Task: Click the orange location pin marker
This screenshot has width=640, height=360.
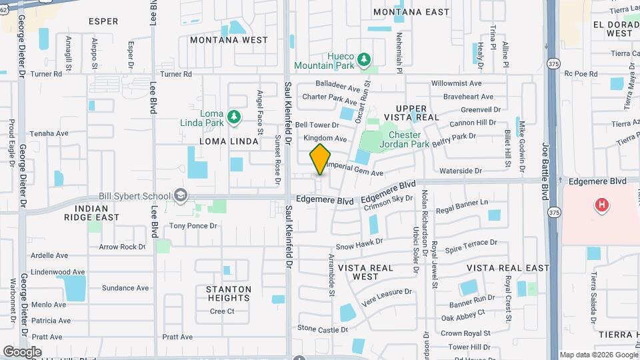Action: click(321, 159)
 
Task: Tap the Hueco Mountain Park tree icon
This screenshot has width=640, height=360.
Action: click(364, 61)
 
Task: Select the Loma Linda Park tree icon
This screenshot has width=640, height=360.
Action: click(233, 118)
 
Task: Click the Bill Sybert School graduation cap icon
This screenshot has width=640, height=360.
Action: click(179, 195)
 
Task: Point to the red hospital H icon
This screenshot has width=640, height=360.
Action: click(601, 205)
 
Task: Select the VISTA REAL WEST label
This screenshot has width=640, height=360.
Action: click(367, 272)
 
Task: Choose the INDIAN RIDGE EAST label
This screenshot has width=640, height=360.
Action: click(92, 213)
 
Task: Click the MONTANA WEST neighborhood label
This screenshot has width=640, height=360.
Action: click(229, 40)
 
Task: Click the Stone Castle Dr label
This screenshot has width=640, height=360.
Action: click(323, 329)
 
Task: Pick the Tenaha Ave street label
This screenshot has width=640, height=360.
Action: click(49, 133)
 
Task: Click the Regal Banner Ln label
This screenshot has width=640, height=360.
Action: click(462, 203)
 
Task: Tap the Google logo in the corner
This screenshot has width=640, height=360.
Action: click(22, 351)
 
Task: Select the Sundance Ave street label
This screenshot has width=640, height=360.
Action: click(125, 288)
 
